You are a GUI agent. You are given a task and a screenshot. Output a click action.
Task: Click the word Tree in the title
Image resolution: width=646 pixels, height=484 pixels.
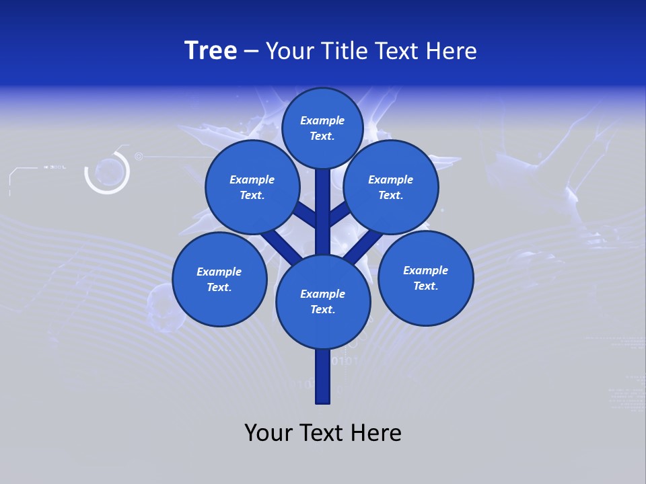pyautogui.click(x=211, y=51)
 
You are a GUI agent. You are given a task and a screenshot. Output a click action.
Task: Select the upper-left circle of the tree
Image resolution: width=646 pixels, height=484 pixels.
pyautogui.click(x=252, y=187)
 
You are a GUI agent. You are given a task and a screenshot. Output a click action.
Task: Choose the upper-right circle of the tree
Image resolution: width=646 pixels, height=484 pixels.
pyautogui.click(x=390, y=187)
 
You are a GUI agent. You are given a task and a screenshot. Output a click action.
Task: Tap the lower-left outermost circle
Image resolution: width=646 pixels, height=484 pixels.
pyautogui.click(x=219, y=279)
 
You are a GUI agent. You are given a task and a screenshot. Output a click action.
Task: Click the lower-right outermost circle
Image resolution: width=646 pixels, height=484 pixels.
pyautogui.click(x=425, y=278)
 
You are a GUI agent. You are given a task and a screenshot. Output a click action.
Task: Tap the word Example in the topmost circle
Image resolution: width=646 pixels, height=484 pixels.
pyautogui.click(x=322, y=120)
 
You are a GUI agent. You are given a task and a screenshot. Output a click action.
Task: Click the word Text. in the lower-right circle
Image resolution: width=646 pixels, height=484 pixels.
pyautogui.click(x=425, y=286)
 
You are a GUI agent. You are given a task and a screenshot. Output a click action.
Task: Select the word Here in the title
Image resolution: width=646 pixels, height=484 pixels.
pyautogui.click(x=452, y=51)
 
